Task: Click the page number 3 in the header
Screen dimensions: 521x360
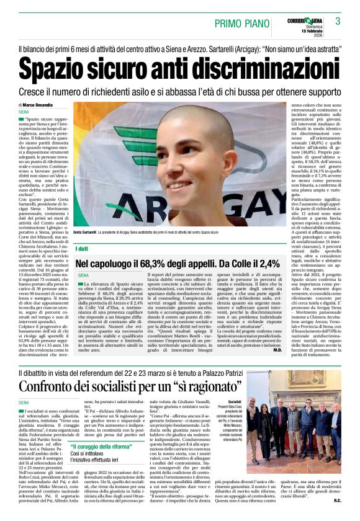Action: pyautogui.click(x=338, y=21)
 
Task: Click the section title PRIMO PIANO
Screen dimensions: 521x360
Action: pyautogui.click(x=240, y=24)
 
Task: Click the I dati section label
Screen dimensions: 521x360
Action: pyautogui.click(x=82, y=248)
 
